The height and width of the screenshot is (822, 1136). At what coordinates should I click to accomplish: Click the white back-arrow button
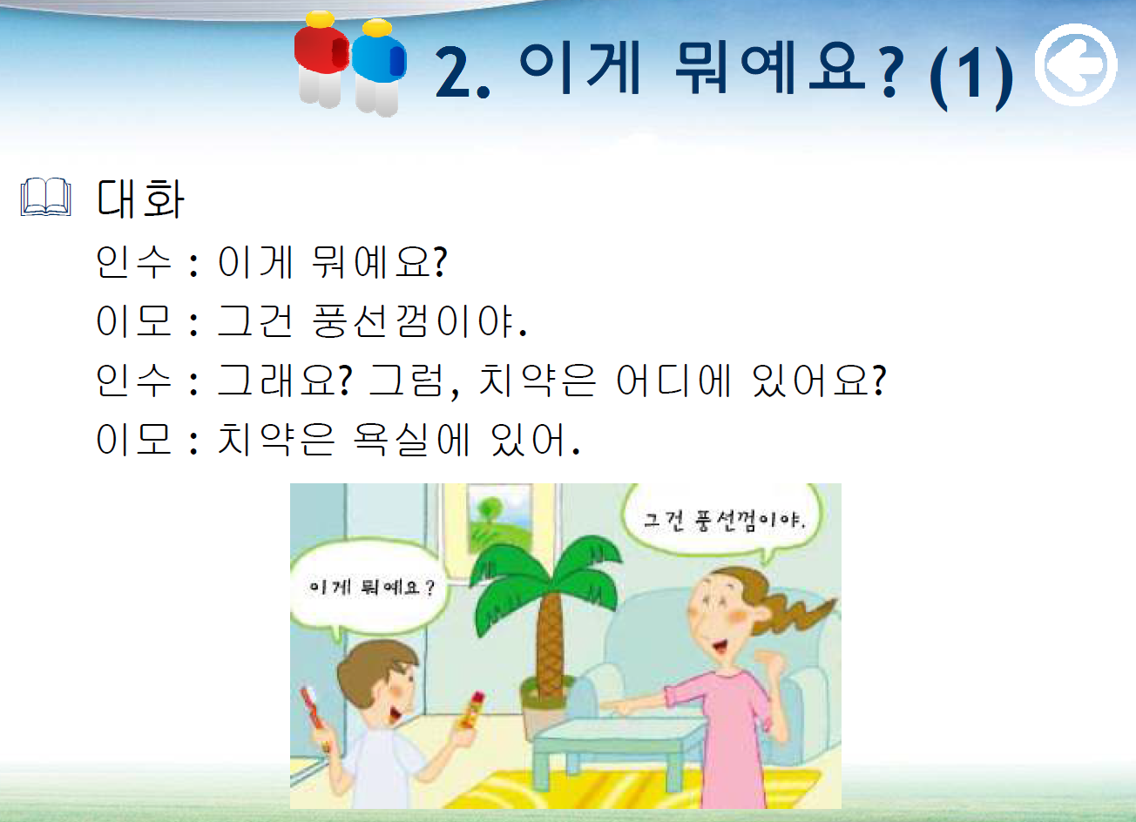pyautogui.click(x=1076, y=64)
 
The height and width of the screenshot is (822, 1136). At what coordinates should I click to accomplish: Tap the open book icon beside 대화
pyautogui.click(x=45, y=197)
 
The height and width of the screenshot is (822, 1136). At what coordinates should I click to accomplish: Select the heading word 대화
pyautogui.click(x=140, y=199)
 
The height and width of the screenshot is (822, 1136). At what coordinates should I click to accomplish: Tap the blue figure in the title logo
pyautogui.click(x=378, y=68)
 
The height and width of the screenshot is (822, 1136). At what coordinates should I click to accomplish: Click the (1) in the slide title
pyautogui.click(x=970, y=76)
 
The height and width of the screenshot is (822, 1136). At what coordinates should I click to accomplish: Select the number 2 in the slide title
pyautogui.click(x=452, y=72)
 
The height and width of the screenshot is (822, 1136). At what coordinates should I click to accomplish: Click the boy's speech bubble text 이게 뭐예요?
pyautogui.click(x=372, y=588)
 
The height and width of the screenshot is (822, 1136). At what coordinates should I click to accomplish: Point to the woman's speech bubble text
pyautogui.click(x=724, y=521)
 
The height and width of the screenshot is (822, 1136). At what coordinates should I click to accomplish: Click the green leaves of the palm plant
pyautogui.click(x=545, y=577)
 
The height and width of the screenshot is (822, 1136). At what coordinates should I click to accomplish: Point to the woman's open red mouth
pyautogui.click(x=719, y=647)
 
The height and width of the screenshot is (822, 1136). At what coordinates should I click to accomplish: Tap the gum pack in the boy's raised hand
pyautogui.click(x=470, y=711)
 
